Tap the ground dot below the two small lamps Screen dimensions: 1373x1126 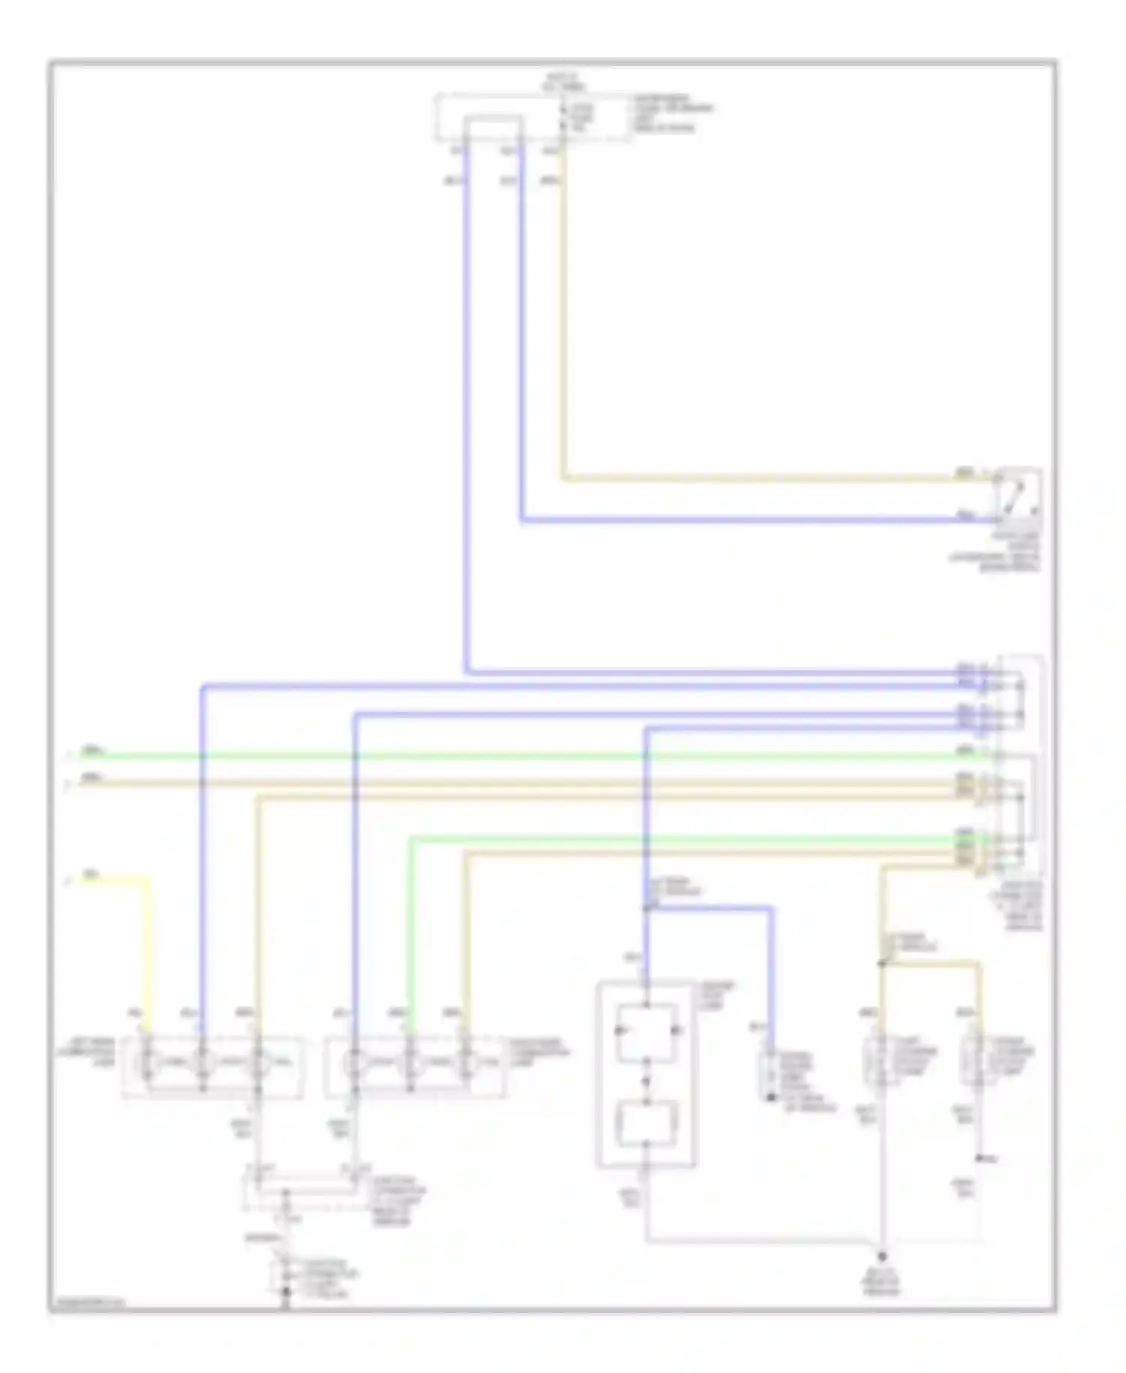tap(883, 1256)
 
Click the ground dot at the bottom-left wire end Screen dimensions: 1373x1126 tap(285, 1293)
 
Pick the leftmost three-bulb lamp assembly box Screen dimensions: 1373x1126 tap(212, 1067)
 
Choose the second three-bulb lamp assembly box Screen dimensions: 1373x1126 tap(415, 1067)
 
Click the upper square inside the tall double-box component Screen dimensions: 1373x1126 tap(647, 1031)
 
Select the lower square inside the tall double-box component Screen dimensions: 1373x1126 tap(647, 1123)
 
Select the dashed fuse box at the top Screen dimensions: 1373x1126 tap(533, 117)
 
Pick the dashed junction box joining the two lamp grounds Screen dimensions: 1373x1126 tap(306, 1189)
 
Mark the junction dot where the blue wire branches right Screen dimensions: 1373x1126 tap(647, 908)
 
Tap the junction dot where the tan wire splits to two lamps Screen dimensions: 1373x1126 tap(883, 963)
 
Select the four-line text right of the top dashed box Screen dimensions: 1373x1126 tap(672, 113)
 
